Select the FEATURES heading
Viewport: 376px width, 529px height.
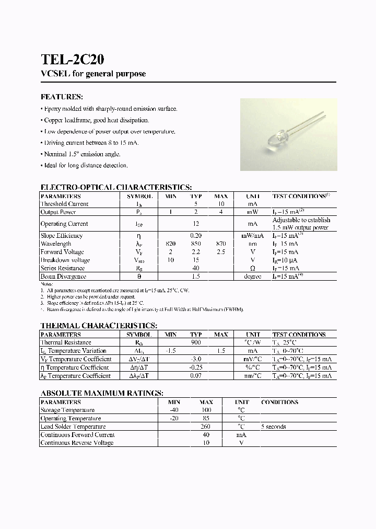[62, 97]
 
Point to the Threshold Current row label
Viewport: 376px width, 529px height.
[65, 204]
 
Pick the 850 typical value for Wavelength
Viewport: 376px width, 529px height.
[196, 244]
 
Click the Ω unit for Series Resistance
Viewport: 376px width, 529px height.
[253, 268]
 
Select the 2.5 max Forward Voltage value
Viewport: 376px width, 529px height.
[221, 252]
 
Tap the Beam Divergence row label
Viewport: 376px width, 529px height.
[63, 277]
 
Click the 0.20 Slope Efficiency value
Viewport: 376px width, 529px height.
[196, 236]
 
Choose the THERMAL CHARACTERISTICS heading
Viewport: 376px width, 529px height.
[99, 325]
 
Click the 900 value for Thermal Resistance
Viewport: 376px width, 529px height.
[196, 343]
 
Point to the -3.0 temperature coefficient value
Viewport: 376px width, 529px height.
[196, 359]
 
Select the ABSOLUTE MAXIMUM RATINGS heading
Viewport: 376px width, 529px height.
[102, 393]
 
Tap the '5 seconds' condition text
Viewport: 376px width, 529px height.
[274, 427]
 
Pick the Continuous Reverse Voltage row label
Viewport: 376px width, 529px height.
[77, 443]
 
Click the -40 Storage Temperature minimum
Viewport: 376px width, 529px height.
[173, 410]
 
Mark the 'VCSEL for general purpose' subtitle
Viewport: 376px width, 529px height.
[93, 74]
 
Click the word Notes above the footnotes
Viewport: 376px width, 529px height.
[47, 284]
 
